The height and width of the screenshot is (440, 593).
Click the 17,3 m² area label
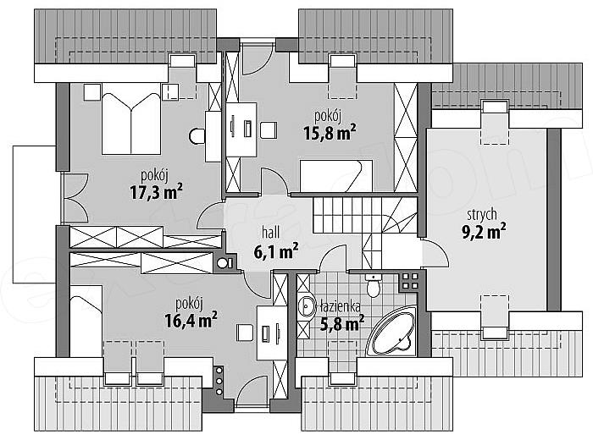156,191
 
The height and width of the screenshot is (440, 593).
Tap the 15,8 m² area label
330,132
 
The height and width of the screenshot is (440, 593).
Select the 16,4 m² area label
191,320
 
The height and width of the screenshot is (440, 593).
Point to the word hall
271,233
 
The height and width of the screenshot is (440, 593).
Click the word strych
482,215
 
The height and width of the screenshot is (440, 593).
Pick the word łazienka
340,306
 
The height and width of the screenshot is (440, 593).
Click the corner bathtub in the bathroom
391,332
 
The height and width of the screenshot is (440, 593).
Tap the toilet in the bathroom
374,285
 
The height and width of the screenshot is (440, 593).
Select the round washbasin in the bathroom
306,306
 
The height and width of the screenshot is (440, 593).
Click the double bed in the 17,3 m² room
130,118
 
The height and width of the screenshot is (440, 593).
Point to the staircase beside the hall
364,223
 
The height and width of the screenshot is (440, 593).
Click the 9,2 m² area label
484,231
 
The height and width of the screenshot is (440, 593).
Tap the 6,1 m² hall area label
275,251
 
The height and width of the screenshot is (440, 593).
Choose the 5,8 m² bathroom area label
342,323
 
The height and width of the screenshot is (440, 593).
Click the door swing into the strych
435,253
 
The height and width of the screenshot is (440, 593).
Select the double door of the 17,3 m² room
75,198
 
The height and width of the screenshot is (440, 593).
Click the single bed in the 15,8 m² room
335,176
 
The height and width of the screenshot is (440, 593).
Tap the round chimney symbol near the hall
222,263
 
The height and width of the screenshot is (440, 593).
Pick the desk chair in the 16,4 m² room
245,333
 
